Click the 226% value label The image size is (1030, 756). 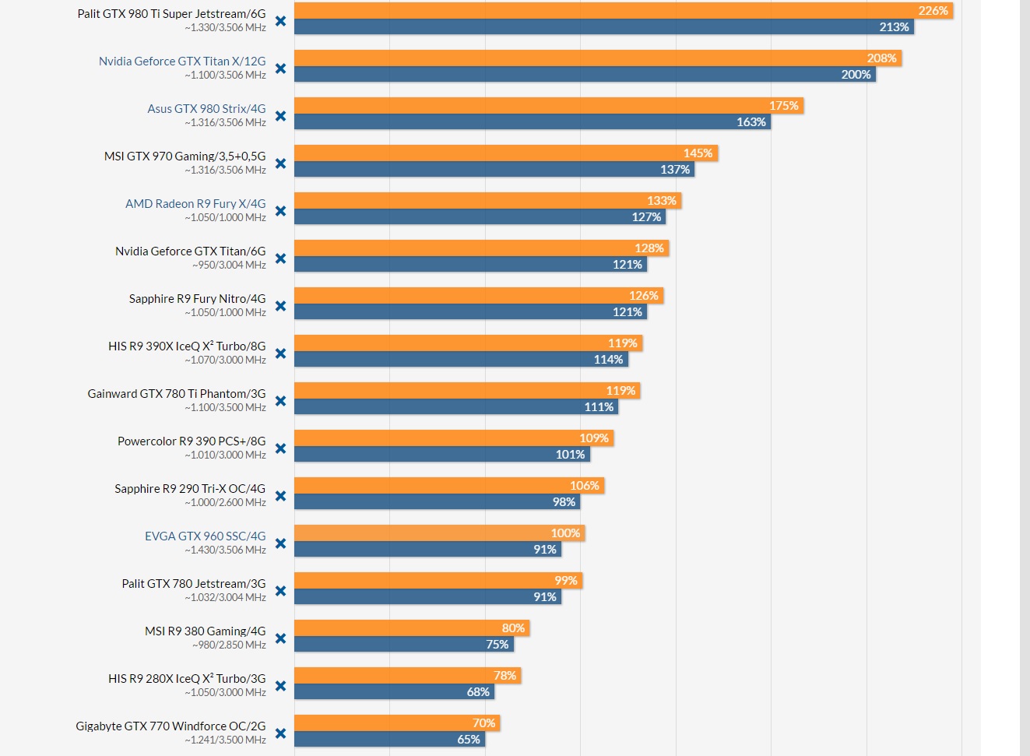pyautogui.click(x=933, y=11)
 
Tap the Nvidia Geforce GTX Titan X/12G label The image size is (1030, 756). pyautogui.click(x=182, y=62)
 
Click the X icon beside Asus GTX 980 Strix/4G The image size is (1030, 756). pyautogui.click(x=280, y=116)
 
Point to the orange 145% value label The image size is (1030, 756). pyautogui.click(x=698, y=153)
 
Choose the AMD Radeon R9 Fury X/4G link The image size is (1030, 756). pyautogui.click(x=195, y=204)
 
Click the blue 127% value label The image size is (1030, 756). pyautogui.click(x=646, y=217)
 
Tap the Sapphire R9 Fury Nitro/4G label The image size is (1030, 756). pyautogui.click(x=197, y=299)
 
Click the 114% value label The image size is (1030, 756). pyautogui.click(x=608, y=360)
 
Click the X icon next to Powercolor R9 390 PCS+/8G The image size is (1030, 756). pyautogui.click(x=280, y=448)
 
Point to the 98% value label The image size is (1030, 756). pyautogui.click(x=564, y=502)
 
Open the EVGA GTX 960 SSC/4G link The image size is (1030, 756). pyautogui.click(x=205, y=536)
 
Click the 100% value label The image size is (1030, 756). pyautogui.click(x=565, y=533)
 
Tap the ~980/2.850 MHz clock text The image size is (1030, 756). pyautogui.click(x=229, y=645)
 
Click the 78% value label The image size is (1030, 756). pyautogui.click(x=504, y=676)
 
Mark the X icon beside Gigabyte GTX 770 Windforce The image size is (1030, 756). pyautogui.click(x=280, y=733)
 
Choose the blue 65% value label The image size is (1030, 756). pyautogui.click(x=469, y=740)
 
